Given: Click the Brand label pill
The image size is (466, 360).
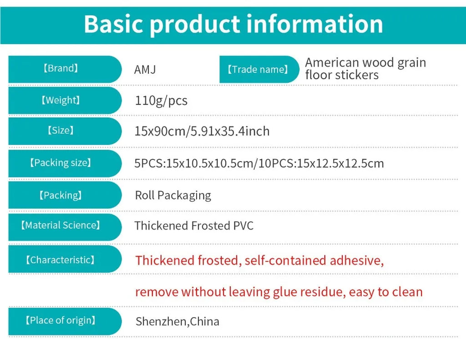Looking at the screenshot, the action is (65, 69).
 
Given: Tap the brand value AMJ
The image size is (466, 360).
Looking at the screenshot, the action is (145, 70).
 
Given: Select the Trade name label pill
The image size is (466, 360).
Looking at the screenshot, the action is (259, 69).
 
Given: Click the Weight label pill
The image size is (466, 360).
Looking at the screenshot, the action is (65, 101).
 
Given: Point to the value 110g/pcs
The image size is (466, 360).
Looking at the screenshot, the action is (161, 101).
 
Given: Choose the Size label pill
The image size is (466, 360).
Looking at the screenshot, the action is (65, 131).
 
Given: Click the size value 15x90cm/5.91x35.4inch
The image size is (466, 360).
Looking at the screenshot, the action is (202, 132).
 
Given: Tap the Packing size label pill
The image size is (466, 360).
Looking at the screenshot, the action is (65, 163).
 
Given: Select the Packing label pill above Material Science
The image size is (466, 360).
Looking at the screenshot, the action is (65, 195).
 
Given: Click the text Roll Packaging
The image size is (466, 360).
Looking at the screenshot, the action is (173, 196).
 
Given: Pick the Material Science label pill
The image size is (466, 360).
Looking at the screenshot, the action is (65, 227).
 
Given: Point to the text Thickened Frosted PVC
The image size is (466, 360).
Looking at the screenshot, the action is (194, 226).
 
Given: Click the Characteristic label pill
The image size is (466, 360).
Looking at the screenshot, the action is (65, 259).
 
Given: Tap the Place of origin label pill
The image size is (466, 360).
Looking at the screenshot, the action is (65, 321).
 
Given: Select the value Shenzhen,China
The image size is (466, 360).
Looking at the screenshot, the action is (177, 322).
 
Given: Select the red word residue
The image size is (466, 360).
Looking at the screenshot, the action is (323, 292).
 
